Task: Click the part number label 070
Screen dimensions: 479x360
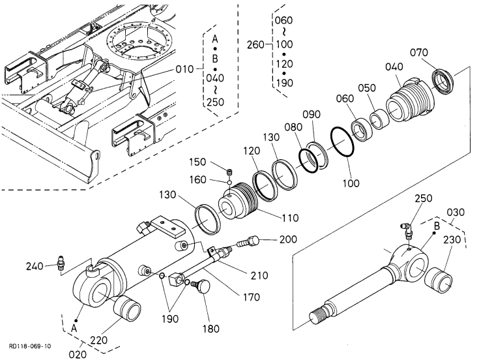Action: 419,53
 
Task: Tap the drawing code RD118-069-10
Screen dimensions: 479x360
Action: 30,346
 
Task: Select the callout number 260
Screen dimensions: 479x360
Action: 255,45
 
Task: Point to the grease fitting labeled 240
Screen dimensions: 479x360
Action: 61,263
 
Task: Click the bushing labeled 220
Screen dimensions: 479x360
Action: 127,308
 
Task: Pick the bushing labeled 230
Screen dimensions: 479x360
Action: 440,280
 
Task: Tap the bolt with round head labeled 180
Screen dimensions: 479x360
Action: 201,286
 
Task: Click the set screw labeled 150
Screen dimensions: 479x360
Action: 229,172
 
